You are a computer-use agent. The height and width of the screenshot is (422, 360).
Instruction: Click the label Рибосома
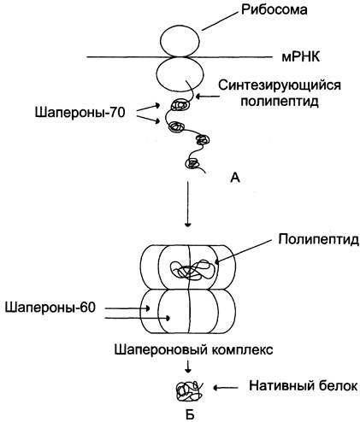274,10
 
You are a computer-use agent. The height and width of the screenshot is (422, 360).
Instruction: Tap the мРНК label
301,57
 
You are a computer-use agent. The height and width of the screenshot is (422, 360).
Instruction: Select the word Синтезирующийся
280,85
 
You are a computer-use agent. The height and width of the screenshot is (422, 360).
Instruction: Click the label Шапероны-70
80,113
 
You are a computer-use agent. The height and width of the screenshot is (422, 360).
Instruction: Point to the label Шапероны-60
50,308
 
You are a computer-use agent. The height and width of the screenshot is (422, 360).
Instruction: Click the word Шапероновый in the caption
161,349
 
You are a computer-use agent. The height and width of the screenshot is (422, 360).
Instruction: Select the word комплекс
242,349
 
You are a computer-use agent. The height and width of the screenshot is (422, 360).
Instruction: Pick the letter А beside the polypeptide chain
235,178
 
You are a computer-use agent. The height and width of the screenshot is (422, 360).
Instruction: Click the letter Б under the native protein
190,415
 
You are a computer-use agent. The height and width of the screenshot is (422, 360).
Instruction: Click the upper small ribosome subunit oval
180,41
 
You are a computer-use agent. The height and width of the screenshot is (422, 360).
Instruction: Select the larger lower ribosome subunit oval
180,74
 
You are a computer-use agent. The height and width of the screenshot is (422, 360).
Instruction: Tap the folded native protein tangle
190,392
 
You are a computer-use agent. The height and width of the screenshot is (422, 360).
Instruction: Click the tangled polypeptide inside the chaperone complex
192,269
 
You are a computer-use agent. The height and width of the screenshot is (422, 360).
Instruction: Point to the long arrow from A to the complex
187,204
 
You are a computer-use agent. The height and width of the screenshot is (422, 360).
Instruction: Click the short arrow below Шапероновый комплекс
187,366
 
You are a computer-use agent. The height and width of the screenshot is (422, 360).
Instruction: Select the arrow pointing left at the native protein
226,387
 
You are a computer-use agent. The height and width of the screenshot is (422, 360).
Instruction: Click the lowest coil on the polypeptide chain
192,163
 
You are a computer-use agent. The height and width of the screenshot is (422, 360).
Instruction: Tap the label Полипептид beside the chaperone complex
318,240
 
